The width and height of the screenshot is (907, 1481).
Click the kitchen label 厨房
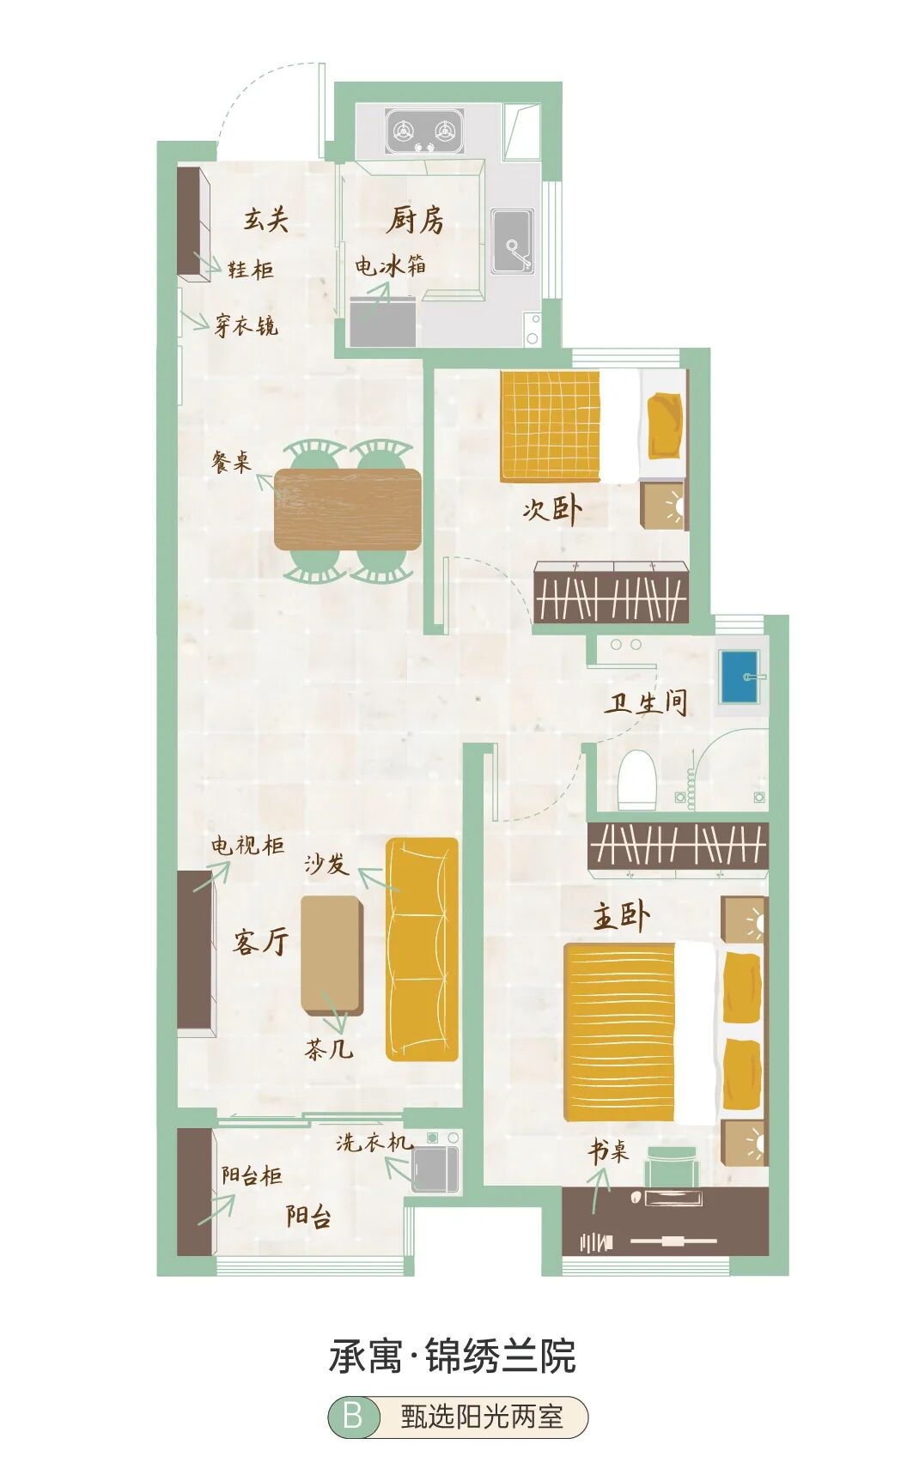415,220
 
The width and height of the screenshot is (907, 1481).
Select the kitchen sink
513,241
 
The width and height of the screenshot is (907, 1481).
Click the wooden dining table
348,509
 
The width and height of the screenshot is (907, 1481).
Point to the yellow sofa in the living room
422,950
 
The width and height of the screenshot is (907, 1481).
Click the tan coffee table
331,954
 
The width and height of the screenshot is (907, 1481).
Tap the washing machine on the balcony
435,1164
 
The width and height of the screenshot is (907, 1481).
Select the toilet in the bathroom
637,779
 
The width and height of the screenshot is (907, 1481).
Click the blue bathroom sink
740,677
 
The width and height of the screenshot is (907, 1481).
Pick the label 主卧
621,917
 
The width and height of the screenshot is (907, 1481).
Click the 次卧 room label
552,509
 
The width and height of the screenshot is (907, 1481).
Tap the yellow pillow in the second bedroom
666,426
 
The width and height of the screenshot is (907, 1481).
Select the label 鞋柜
251,270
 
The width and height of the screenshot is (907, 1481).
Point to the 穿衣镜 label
247,325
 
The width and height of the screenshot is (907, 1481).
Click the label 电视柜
248,845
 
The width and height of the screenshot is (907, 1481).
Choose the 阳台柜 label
252,1175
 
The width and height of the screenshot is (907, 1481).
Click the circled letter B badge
353,1416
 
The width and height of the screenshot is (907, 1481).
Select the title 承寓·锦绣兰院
453,1357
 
